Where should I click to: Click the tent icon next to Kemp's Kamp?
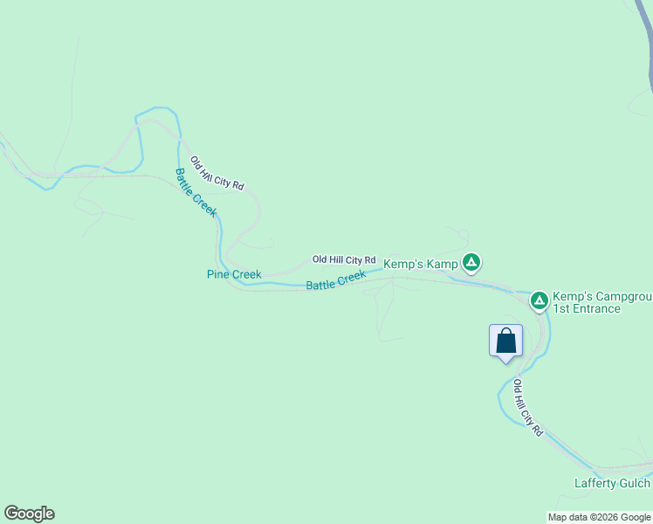(x=471, y=262)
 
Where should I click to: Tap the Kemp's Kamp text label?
(x=421, y=263)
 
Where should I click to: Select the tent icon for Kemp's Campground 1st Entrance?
(x=540, y=301)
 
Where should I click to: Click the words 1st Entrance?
(x=586, y=308)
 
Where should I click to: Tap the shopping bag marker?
(x=505, y=341)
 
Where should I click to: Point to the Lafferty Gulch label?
(x=612, y=484)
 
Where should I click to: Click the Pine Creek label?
(x=233, y=274)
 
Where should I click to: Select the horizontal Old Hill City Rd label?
(x=344, y=260)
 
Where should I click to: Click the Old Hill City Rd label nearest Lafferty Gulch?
(x=528, y=408)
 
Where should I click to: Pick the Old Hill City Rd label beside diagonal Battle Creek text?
(x=217, y=173)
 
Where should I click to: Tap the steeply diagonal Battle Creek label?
(x=196, y=192)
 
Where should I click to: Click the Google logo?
(x=29, y=514)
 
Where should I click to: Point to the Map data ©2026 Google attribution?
(x=600, y=517)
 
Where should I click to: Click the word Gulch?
(x=633, y=484)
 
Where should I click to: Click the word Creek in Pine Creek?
(x=245, y=274)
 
